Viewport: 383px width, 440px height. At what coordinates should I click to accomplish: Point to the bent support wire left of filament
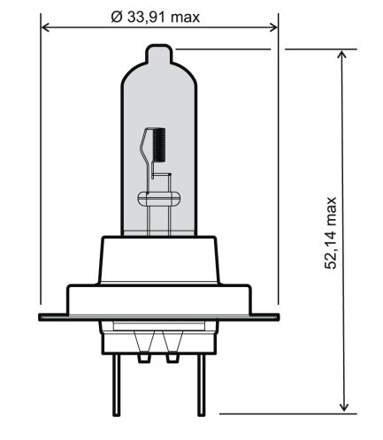[146, 141]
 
